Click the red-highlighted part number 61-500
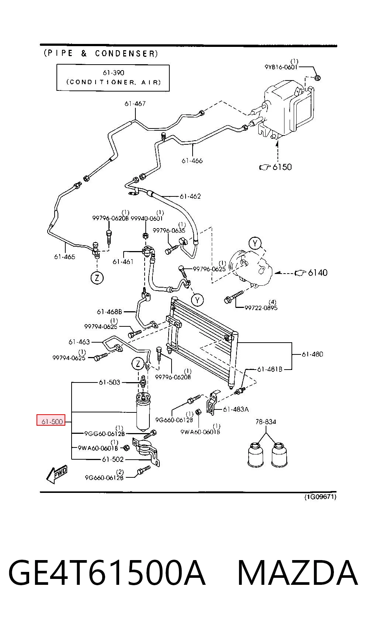(x=52, y=422)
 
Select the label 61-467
(x=135, y=104)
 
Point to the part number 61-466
(x=192, y=161)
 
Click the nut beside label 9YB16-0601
(x=318, y=78)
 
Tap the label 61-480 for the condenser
(x=312, y=354)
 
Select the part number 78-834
(x=266, y=422)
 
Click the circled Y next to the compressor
(x=255, y=244)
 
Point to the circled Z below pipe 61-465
(x=97, y=278)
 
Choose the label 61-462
(x=190, y=196)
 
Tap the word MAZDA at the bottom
(x=298, y=573)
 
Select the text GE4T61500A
(x=107, y=573)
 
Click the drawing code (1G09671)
(x=320, y=497)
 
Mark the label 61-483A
(x=236, y=409)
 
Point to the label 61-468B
(x=110, y=312)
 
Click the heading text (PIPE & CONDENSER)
(x=101, y=53)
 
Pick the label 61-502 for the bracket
(x=113, y=459)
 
